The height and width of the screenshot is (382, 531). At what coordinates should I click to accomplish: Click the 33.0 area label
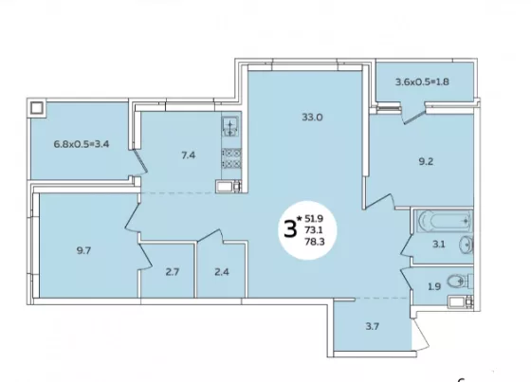312,118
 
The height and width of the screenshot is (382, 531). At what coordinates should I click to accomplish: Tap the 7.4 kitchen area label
189,155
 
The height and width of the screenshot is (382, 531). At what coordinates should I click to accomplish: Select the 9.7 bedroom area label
83,251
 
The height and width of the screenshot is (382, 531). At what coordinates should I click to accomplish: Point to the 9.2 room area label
426,161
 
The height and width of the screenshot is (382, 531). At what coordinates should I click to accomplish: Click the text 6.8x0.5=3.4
82,144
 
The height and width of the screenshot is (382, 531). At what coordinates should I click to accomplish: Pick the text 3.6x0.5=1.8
422,82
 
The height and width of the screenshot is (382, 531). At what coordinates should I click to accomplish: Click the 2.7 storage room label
173,272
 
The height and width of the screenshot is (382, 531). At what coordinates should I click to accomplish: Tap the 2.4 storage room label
222,272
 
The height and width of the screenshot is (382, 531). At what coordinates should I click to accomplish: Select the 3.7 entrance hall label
372,326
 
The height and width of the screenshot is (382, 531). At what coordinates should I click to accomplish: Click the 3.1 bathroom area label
438,245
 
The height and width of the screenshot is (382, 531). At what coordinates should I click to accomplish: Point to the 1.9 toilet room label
434,287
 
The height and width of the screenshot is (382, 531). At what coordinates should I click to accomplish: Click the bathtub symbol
444,221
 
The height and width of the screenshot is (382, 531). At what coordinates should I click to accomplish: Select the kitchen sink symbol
230,126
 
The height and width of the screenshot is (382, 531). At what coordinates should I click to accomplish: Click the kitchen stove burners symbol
231,158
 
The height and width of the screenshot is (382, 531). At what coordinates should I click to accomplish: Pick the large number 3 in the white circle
290,230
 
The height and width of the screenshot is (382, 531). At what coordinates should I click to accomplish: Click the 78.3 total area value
314,242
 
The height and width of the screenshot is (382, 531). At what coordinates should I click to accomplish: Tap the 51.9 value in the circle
314,218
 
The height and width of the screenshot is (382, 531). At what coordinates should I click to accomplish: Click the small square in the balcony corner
36,108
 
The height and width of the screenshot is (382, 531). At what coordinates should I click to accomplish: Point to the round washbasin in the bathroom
467,245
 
